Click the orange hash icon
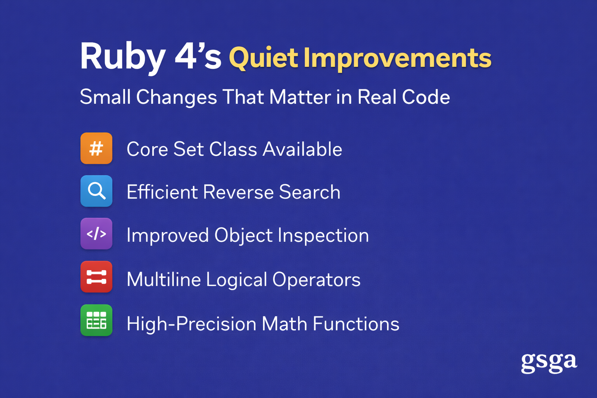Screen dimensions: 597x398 96,148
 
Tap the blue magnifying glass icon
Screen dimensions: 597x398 96,191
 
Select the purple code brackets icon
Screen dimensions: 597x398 96,234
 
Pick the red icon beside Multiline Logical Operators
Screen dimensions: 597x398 96,277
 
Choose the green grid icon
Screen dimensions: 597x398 96,320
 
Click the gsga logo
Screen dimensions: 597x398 549,363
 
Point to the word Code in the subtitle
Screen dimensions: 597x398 426,97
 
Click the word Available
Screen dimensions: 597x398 302,149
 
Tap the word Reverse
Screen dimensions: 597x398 238,192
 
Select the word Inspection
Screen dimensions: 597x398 323,236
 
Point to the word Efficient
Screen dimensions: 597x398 162,192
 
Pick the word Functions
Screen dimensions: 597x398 356,324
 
